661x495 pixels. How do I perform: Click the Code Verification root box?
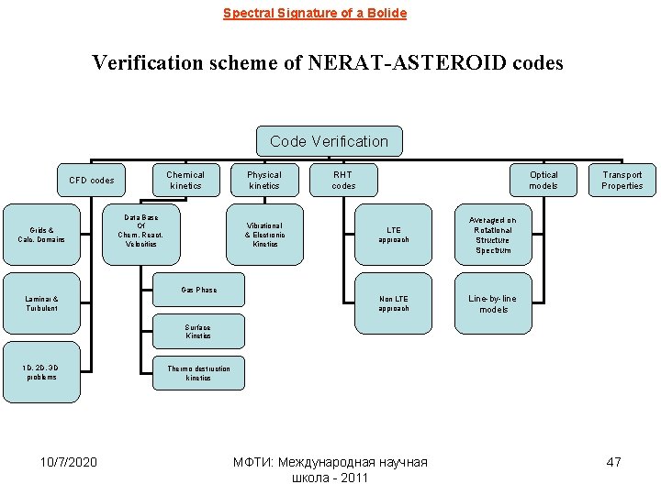point(329,141)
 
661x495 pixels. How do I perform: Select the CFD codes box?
point(91,181)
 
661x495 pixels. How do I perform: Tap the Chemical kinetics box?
point(185,180)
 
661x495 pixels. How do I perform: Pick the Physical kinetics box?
point(264,180)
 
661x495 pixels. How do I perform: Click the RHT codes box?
point(343,180)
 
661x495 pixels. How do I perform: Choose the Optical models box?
point(543,180)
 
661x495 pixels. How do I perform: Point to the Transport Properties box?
point(622,180)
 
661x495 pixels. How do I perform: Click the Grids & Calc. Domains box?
point(41,235)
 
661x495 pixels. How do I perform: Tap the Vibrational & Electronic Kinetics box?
point(265,235)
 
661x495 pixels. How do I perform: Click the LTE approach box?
point(394,235)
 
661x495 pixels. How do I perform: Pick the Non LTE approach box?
point(394,303)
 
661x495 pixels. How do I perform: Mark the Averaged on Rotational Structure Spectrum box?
point(493,235)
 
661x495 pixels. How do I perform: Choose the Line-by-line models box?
point(493,303)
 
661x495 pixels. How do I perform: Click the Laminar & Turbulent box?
point(41,303)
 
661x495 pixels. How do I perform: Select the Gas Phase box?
point(199,291)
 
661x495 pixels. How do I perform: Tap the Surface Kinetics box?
point(197,332)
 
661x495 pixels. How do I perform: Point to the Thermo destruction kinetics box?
point(198,373)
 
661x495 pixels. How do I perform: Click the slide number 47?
point(613,462)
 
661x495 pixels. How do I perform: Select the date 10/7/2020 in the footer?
point(70,462)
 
